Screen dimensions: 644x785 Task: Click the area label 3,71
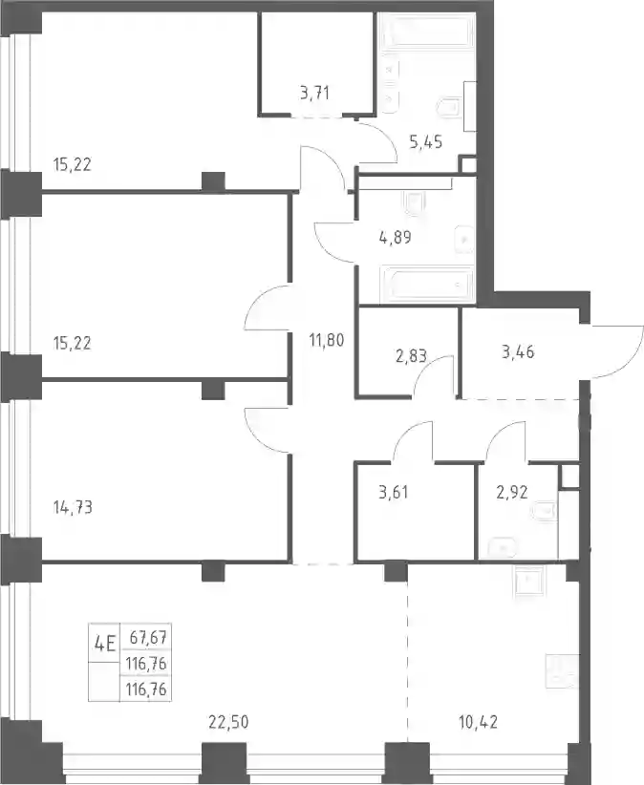tap(314, 93)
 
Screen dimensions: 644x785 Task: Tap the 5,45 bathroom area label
tap(425, 141)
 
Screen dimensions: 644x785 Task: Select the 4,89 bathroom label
tap(396, 237)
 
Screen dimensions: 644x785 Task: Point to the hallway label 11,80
tap(327, 340)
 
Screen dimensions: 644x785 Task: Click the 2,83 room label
tap(411, 355)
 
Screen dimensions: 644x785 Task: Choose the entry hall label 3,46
tap(517, 352)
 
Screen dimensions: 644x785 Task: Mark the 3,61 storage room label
tap(393, 492)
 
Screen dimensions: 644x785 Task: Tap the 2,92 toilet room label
tap(512, 492)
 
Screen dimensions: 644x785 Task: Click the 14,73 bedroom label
tap(73, 507)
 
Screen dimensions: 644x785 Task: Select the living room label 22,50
tap(228, 722)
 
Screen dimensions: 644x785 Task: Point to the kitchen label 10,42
tap(479, 722)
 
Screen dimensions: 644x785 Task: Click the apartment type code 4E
tap(105, 644)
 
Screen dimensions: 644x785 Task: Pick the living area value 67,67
tap(148, 638)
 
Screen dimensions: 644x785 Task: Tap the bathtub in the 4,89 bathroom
tap(427, 285)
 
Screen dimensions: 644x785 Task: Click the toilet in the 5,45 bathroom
tap(449, 106)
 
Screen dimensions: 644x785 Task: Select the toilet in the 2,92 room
tap(545, 511)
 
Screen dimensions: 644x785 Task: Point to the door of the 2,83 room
tap(434, 376)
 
